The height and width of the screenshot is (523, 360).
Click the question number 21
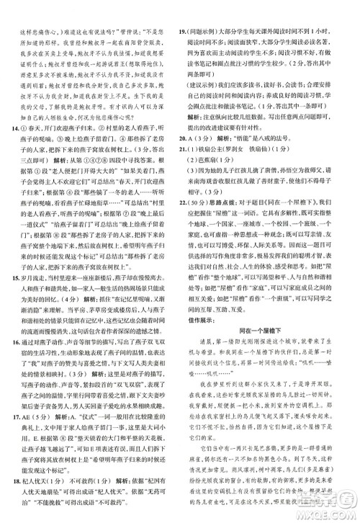(184, 169)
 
